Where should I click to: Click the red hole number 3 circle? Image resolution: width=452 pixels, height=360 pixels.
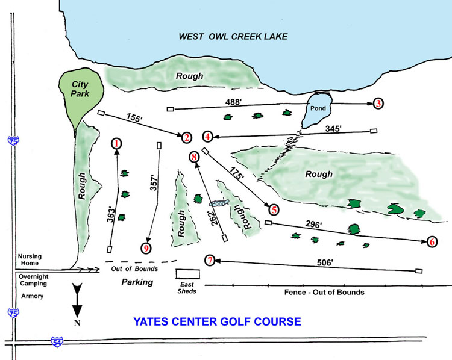(x=378, y=103)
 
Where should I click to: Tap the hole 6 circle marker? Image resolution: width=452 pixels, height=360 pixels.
(x=432, y=241)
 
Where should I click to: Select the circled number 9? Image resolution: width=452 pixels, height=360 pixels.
(x=146, y=247)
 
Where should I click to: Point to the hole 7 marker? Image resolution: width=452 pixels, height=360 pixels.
(x=209, y=260)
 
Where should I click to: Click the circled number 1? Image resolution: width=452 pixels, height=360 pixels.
(x=116, y=143)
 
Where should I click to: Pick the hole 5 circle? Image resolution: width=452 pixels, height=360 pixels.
(x=274, y=209)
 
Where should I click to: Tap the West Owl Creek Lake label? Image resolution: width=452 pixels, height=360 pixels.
(x=233, y=36)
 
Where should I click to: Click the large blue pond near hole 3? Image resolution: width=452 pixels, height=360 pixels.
(x=317, y=110)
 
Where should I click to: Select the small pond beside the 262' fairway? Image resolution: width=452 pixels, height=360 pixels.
(x=218, y=203)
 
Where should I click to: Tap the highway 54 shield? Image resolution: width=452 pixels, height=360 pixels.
(x=56, y=341)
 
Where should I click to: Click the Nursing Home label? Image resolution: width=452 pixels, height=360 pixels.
(x=29, y=259)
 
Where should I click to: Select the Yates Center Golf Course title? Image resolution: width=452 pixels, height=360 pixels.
(x=218, y=321)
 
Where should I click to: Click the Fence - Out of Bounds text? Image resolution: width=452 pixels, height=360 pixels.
(x=324, y=292)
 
